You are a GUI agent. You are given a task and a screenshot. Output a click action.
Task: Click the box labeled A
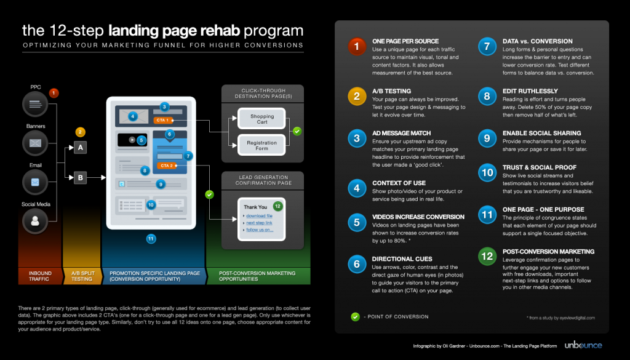point(79,147)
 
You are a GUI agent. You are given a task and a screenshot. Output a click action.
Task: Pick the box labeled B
point(79,178)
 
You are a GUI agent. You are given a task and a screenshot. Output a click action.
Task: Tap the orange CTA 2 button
point(167,166)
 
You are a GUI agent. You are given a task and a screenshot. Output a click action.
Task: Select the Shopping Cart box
point(262,119)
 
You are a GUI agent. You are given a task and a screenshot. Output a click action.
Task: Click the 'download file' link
point(258,216)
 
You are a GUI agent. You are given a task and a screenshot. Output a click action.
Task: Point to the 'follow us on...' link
point(260,230)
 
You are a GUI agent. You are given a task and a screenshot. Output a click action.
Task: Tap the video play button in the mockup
point(131,140)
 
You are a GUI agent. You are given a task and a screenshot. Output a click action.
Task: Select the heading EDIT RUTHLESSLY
point(530,90)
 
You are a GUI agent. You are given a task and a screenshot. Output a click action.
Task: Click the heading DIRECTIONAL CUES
point(402,259)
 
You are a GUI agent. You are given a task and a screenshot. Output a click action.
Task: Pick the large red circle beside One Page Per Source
point(356,47)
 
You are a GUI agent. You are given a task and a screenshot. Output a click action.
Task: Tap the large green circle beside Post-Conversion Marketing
point(487,256)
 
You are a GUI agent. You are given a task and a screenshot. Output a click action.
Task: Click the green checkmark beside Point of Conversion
point(355,317)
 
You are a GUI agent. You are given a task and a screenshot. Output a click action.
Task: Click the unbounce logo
point(583,345)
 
